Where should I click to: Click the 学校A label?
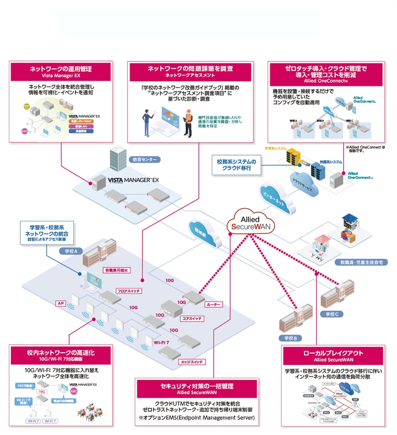tap(70, 251)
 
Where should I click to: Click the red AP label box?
tap(60, 304)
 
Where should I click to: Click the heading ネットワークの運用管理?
tap(60, 68)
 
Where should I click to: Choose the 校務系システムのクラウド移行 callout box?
tap(237, 165)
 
